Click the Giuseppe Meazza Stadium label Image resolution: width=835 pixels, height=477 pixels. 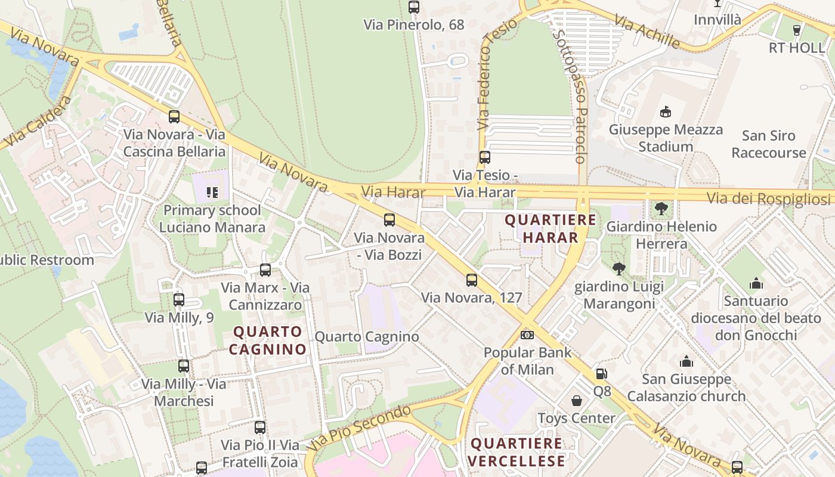pyautogui.click(x=666, y=138)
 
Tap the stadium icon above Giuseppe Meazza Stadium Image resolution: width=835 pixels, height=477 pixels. pyautogui.click(x=666, y=112)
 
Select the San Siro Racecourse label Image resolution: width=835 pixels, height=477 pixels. pyautogui.click(x=769, y=144)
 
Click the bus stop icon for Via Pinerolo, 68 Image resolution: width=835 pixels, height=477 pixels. pyautogui.click(x=414, y=7)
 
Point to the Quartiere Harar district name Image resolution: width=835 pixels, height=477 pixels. pyautogui.click(x=550, y=229)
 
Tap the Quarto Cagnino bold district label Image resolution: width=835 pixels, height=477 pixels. pyautogui.click(x=268, y=340)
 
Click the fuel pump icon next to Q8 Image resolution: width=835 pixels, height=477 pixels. pyautogui.click(x=602, y=374)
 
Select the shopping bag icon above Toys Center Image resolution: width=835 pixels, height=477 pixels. pyautogui.click(x=577, y=401)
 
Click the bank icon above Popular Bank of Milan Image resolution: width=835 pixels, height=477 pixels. pyautogui.click(x=527, y=335)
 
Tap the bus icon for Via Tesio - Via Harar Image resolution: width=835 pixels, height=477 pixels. pyautogui.click(x=484, y=157)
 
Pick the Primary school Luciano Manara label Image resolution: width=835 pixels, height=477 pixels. pyautogui.click(x=212, y=219)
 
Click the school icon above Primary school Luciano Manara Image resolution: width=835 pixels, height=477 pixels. pyautogui.click(x=212, y=192)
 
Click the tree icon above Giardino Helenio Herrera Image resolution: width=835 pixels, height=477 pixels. pyautogui.click(x=661, y=209)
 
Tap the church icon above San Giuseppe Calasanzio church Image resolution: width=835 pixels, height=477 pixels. pyautogui.click(x=686, y=361)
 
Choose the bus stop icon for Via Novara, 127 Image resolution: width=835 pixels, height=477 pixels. pyautogui.click(x=472, y=280)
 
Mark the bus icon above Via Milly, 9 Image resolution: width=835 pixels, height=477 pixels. pyautogui.click(x=179, y=300)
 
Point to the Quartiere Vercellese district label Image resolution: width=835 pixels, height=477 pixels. pyautogui.click(x=517, y=453)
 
